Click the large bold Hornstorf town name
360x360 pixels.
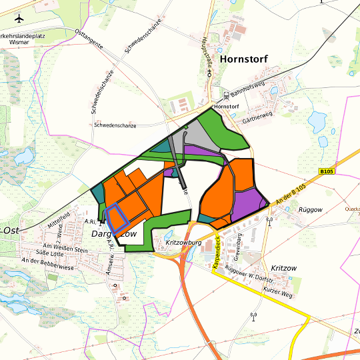(243, 59)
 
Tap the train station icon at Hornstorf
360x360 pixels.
(226, 95)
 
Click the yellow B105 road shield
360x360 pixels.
(326, 171)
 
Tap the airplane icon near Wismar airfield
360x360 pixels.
(19, 18)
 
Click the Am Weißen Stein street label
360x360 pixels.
(66, 249)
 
